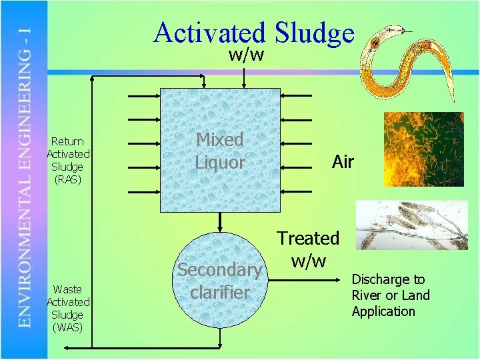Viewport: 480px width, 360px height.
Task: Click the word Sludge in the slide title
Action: (x=314, y=33)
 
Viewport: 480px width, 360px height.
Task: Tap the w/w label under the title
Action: (x=246, y=55)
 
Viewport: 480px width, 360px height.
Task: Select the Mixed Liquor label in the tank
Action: (x=220, y=151)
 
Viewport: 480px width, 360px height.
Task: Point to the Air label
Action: (x=343, y=161)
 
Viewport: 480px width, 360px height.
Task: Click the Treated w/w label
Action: (x=308, y=248)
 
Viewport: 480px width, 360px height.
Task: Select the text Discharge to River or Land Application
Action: (x=391, y=295)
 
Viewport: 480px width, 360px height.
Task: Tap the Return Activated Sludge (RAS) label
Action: (x=67, y=160)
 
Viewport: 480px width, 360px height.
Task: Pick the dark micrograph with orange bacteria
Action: (x=423, y=149)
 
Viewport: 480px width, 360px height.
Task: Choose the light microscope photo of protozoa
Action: (x=411, y=225)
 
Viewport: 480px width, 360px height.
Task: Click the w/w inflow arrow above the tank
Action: (x=246, y=76)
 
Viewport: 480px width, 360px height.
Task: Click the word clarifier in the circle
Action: (x=219, y=292)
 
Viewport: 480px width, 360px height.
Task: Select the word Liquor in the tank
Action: (x=220, y=162)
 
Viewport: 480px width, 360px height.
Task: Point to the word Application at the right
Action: (x=383, y=311)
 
